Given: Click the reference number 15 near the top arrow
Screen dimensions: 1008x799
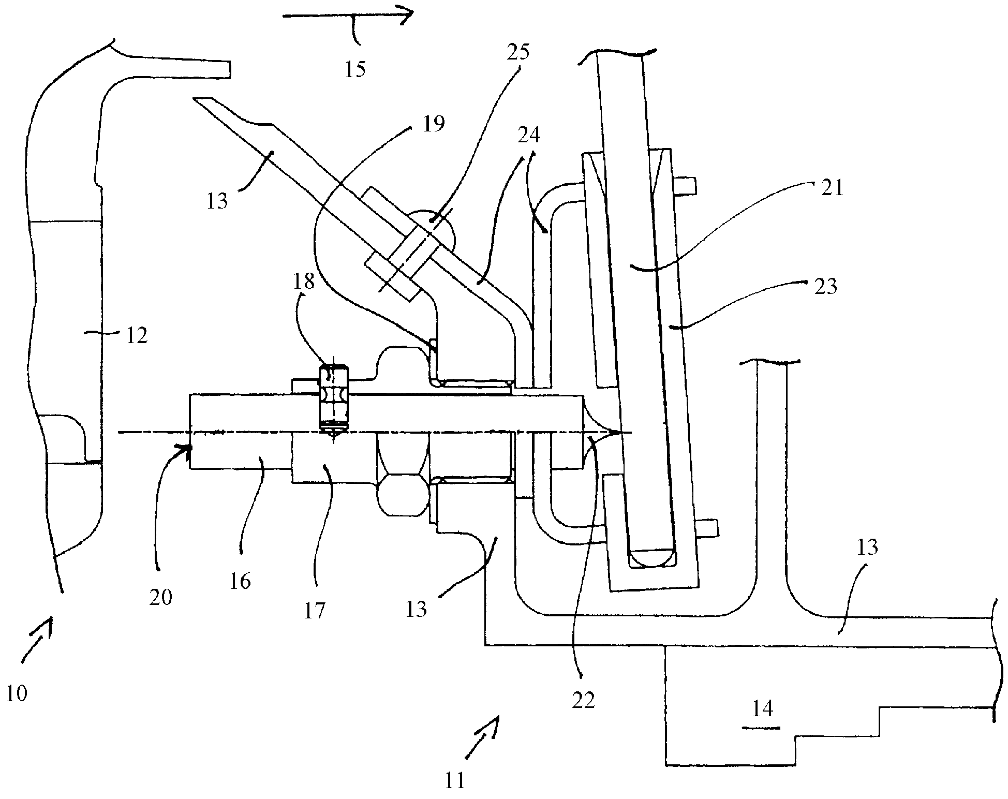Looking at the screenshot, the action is point(355,69).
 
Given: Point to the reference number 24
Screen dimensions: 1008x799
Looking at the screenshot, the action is point(529,135).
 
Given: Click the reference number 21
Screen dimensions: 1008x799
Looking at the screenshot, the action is point(833,188).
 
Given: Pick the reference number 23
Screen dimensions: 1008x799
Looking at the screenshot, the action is point(825,286).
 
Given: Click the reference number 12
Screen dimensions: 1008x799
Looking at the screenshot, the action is point(137,336).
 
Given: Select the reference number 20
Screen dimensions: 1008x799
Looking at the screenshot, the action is point(160,598).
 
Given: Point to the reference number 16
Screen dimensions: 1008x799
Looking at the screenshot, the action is point(240,581).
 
